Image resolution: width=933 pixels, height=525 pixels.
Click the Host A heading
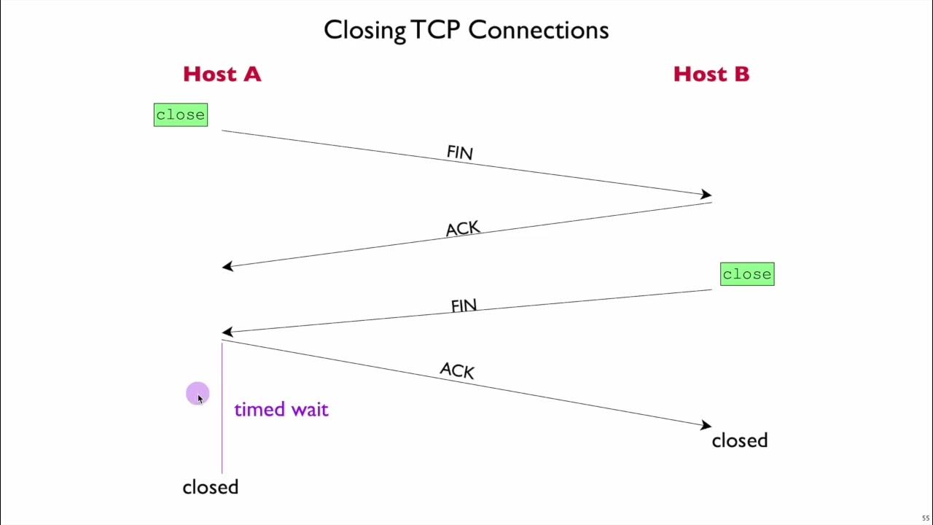[222, 74]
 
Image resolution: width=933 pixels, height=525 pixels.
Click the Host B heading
[711, 74]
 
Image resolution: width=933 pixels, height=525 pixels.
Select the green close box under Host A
[180, 115]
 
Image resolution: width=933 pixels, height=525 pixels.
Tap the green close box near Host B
[746, 274]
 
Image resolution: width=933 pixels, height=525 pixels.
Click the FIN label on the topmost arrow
[459, 152]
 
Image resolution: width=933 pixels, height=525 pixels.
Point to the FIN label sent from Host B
[464, 306]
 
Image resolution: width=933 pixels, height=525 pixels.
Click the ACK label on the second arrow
[462, 229]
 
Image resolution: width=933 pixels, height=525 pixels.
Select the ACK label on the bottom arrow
[457, 370]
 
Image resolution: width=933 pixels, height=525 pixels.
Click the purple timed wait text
[281, 410]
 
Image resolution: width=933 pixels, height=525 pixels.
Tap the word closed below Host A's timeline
[210, 487]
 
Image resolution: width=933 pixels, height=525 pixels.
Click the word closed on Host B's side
[739, 440]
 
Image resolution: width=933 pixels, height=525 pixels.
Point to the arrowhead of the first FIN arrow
[706, 195]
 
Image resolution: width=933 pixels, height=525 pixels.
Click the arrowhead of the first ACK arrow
[227, 266]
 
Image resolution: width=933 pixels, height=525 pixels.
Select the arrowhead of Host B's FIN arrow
[227, 332]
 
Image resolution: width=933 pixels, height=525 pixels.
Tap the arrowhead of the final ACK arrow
[706, 425]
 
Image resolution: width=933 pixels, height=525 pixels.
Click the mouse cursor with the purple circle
[198, 395]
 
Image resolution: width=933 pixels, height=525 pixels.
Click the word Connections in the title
[538, 30]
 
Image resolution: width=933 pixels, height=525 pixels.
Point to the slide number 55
[926, 518]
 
